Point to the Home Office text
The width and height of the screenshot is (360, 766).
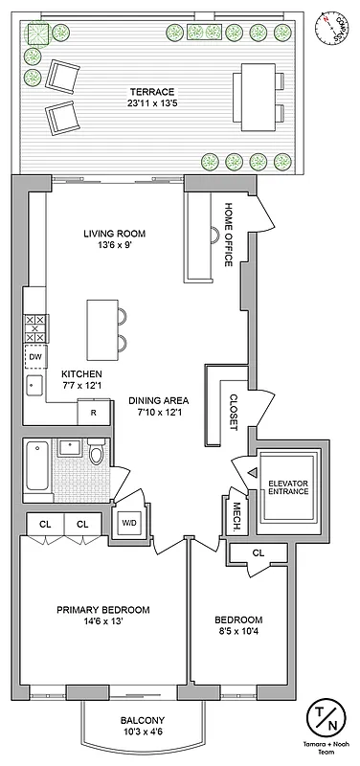[229, 235]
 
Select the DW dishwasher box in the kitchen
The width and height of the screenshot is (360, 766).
[35, 357]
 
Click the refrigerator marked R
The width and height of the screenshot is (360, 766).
[93, 412]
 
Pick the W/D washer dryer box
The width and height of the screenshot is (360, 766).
[128, 524]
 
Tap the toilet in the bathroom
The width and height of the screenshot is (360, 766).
[97, 455]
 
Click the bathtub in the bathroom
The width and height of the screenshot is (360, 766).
[36, 469]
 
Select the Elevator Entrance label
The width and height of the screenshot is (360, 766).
[288, 486]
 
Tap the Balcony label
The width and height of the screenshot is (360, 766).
[143, 721]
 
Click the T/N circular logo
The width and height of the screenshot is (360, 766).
[324, 718]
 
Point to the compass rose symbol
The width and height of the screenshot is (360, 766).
[331, 26]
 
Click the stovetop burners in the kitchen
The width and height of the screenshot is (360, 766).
[35, 328]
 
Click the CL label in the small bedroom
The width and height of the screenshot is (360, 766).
[259, 552]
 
